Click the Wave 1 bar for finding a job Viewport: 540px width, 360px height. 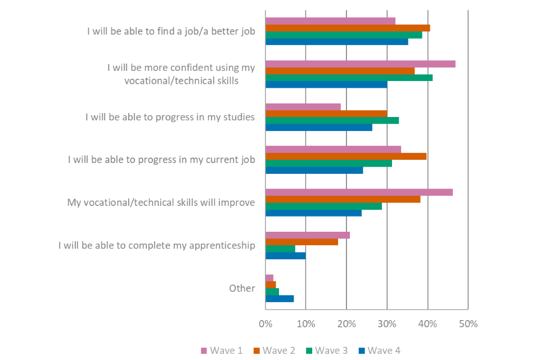coord(330,21)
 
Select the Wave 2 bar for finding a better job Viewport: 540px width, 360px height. coord(348,28)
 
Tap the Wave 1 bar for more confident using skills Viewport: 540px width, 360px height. coord(360,64)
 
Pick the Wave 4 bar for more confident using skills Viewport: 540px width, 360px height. coord(326,84)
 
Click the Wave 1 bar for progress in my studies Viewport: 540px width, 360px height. coord(303,106)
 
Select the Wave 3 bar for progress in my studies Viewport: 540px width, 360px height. coord(332,120)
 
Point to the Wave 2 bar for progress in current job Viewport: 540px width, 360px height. coord(346,156)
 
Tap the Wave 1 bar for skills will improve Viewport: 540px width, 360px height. coord(359,192)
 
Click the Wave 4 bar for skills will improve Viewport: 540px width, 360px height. coord(313,213)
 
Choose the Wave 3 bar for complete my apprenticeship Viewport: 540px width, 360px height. coord(280,249)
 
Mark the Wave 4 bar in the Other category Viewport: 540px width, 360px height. coord(280,299)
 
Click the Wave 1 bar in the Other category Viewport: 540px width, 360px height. coord(269,278)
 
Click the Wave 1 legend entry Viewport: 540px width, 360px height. coord(222,350)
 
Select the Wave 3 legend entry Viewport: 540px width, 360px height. coord(327,350)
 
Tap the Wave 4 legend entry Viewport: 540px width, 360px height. coord(380,350)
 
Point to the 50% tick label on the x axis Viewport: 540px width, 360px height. coord(468,324)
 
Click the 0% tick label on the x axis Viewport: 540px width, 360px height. coord(265,324)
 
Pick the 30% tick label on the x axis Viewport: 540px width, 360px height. coord(387,324)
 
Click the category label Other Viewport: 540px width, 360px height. coord(242,289)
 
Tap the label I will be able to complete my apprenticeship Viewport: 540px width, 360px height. coord(157,245)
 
